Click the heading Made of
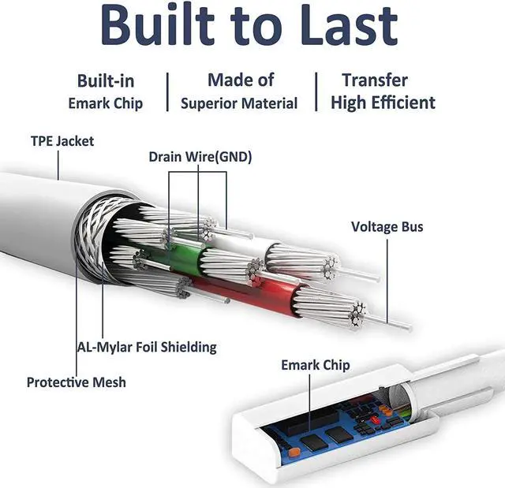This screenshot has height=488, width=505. pos(241,80)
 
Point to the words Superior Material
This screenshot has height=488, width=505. pos(239,103)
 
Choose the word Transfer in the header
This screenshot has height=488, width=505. pos(375,80)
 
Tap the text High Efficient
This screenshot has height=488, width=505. pos(383,102)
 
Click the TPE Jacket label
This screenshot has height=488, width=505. pos(62,142)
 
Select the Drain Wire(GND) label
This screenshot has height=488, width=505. pos(200,157)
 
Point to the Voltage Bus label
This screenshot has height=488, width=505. pos(387,227)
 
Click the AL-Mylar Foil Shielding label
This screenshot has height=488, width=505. pos(147,346)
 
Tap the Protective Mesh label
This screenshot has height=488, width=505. pos(76,382)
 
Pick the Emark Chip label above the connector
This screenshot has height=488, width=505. pos(315,365)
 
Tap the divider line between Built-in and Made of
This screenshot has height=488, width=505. pos(167,92)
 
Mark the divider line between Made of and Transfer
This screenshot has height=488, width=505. pos(316,92)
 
